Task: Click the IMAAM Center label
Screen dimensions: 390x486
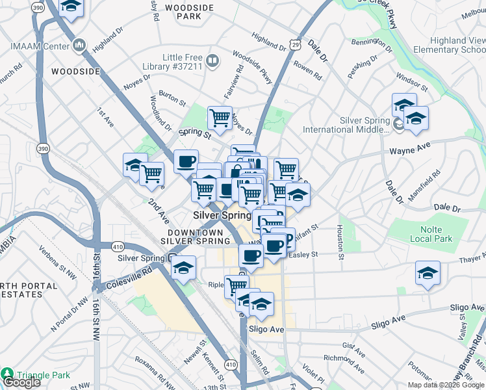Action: [x=40, y=46]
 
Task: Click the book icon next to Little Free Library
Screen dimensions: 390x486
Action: [x=213, y=61]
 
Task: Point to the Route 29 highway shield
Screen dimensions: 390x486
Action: [x=296, y=44]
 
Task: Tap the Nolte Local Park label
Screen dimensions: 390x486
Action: [x=426, y=234]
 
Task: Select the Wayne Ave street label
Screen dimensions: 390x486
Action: [x=410, y=150]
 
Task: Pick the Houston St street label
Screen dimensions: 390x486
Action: [x=340, y=241]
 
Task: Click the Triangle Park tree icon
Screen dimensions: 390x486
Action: [x=7, y=374]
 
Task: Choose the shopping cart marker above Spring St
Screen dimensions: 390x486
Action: [x=220, y=118]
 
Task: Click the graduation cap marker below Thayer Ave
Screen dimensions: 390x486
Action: [x=428, y=274]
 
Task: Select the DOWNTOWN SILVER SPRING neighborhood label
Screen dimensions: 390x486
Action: [x=199, y=237]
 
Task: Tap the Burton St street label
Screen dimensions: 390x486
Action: [x=172, y=98]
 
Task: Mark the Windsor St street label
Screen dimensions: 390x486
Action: [x=411, y=84]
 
